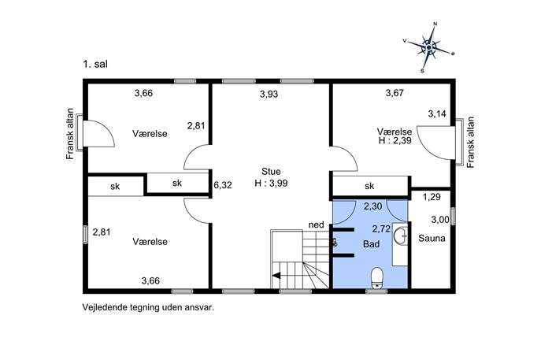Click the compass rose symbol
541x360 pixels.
point(428,47)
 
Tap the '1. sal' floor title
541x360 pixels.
point(94,64)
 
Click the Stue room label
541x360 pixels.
point(271,172)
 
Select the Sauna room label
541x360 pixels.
point(432,238)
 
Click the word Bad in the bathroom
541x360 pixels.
point(371,244)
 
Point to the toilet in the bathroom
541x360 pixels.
point(376,277)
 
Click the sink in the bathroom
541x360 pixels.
point(400,236)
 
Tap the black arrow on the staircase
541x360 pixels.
point(276,275)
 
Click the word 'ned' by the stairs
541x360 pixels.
point(316,225)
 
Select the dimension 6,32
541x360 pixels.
point(223,185)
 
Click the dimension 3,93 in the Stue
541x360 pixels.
point(269,94)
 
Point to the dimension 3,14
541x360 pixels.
point(437,114)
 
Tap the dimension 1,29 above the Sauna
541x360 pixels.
point(432,197)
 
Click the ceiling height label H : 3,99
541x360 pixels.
point(271,184)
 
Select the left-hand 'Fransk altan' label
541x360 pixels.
point(70,134)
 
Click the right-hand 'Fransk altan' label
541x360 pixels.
point(471,143)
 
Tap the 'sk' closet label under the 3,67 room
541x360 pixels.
point(369,186)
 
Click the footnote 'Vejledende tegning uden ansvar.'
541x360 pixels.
point(148,307)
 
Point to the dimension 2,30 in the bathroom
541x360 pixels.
point(373,206)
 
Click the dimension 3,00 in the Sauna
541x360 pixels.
point(440,220)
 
